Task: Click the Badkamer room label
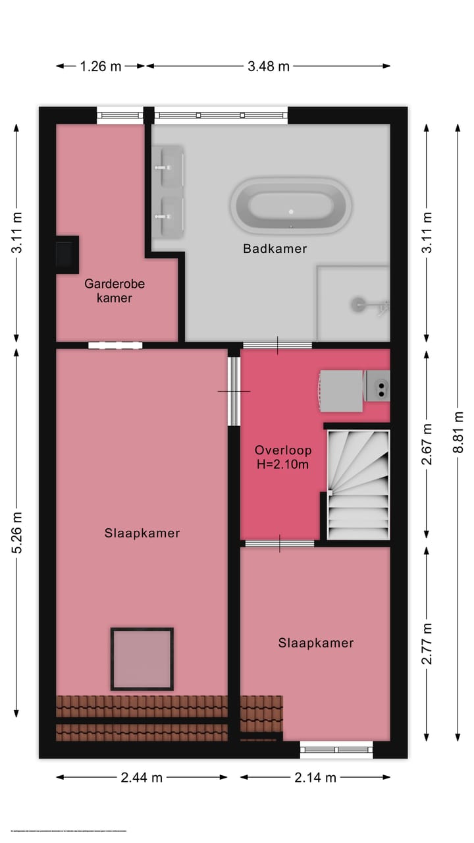275,248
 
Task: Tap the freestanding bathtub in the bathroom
290,205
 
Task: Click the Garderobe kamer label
115,290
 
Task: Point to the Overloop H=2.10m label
283,457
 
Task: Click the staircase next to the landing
358,485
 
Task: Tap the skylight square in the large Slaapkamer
142,659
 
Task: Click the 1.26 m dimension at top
100,66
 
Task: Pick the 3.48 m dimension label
268,66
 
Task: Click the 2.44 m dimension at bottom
142,777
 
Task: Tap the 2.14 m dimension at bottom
315,777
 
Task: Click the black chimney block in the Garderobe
66,254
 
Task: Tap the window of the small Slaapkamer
336,749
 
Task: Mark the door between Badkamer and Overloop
277,345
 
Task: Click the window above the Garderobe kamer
120,115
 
